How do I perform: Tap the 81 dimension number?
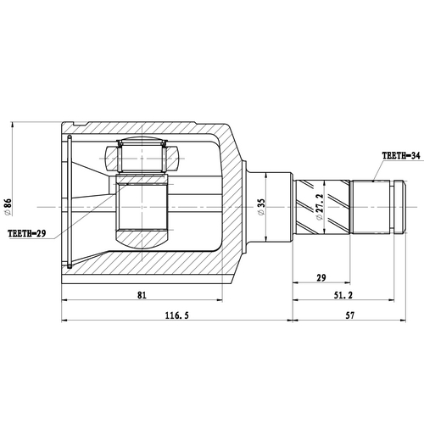click(142, 294)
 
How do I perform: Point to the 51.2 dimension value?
click(343, 295)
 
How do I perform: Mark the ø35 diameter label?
click(263, 206)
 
